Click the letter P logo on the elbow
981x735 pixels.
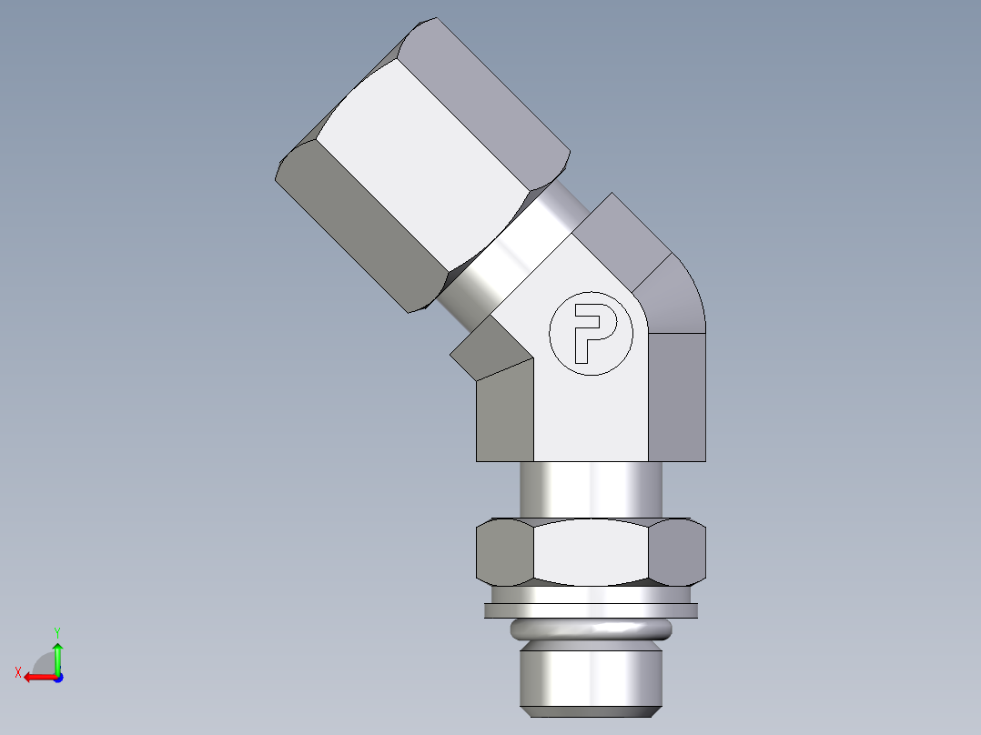pos(590,333)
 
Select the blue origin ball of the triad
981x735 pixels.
pos(57,677)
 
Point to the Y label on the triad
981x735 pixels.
pos(56,631)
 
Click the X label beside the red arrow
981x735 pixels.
pos(17,672)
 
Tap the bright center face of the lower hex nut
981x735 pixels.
pos(592,553)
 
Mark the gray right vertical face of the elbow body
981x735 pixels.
pos(677,396)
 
